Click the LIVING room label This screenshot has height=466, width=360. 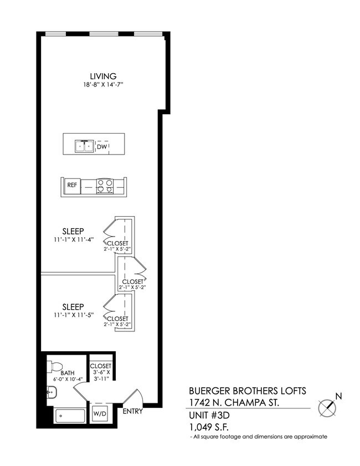pos(104,76)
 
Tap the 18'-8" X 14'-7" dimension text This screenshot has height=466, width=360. pos(104,85)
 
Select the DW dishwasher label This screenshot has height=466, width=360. pos(101,147)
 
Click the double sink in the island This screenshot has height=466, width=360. pos(85,147)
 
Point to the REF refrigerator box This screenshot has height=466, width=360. pos(73,185)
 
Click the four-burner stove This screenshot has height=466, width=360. pos(105,186)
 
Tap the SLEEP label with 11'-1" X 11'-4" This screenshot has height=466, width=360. pos(73,231)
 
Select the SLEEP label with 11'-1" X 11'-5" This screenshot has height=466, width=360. pos(73,306)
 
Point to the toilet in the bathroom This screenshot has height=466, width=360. pos(55,367)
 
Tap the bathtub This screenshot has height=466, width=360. pos(70,416)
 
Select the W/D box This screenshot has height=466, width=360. pos(100,413)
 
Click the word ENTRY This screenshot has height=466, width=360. pos(133,411)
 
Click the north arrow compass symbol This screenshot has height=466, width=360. pos(328,408)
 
